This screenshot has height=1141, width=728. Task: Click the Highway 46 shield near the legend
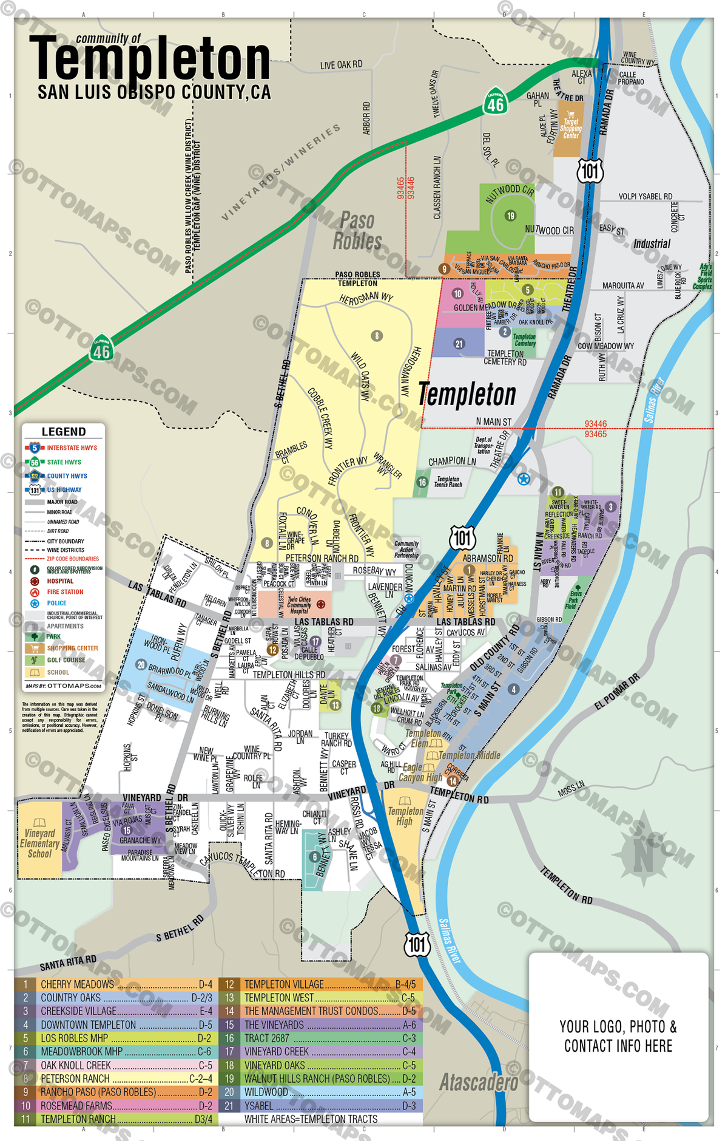[101, 349]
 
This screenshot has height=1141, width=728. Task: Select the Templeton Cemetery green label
[524, 340]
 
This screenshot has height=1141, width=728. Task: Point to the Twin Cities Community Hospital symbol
[321, 604]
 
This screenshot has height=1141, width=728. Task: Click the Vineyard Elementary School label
[39, 843]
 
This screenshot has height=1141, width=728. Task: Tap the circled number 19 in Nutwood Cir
[510, 216]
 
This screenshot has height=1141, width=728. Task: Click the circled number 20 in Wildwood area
[141, 665]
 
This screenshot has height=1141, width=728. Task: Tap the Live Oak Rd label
[341, 65]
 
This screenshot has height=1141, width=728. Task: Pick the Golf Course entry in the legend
[66, 660]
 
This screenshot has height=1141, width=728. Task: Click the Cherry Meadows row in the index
[115, 984]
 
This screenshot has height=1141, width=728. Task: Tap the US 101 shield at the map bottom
[417, 944]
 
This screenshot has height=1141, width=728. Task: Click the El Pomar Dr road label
[617, 692]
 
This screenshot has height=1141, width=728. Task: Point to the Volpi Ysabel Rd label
[645, 196]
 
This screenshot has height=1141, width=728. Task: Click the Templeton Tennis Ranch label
[448, 482]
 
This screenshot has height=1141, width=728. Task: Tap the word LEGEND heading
[64, 432]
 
